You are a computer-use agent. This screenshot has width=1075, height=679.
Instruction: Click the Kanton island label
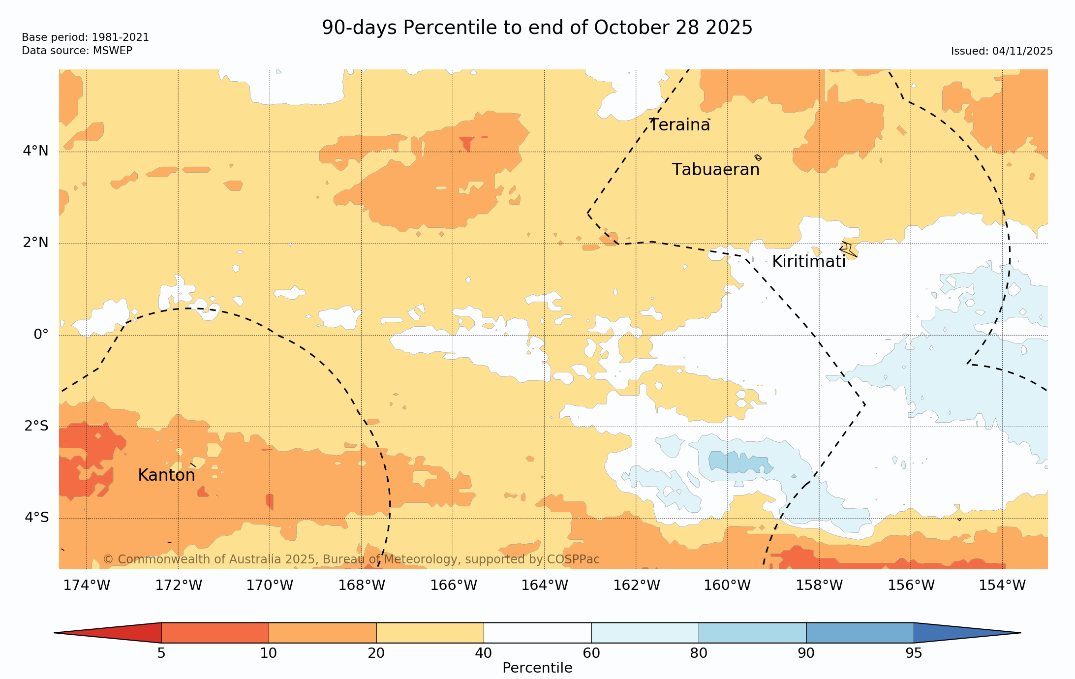(166, 475)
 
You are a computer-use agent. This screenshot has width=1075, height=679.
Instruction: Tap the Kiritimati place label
(808, 262)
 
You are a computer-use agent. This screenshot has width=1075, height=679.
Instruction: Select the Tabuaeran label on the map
(715, 170)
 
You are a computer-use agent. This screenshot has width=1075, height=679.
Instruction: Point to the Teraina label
(679, 125)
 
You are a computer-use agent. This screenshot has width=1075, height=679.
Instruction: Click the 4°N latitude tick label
(35, 151)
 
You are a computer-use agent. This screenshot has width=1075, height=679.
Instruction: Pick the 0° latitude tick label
(41, 335)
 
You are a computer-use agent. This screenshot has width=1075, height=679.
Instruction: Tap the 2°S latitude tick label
(36, 426)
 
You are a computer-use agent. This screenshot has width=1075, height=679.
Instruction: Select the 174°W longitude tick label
(87, 586)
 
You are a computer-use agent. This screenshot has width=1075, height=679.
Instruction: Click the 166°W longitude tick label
(454, 586)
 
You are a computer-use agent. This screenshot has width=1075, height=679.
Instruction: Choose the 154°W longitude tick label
(1002, 586)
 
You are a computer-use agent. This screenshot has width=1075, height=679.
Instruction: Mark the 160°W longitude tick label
(727, 586)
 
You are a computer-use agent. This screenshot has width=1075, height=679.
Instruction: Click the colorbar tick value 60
(591, 653)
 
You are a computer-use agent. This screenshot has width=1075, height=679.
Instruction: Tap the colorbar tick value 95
(914, 653)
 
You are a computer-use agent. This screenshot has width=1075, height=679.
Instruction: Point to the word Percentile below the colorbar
(537, 668)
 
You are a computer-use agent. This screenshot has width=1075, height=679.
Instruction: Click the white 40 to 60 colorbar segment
(537, 633)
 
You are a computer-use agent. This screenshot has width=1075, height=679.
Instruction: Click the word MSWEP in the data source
(113, 51)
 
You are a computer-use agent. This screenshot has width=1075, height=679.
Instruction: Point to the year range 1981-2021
(120, 37)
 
